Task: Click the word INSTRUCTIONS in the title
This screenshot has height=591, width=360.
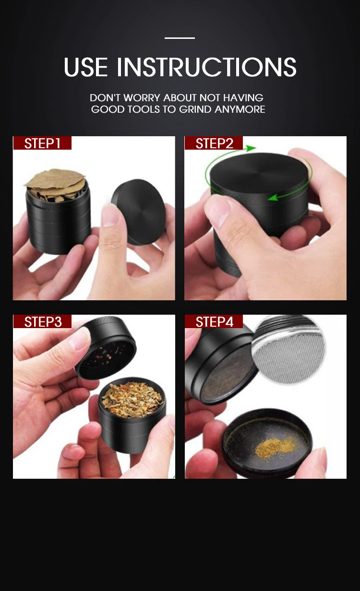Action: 206,67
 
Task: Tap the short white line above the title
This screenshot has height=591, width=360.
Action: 180,38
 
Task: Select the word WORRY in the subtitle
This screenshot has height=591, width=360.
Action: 142,98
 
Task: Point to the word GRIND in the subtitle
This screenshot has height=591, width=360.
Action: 195,109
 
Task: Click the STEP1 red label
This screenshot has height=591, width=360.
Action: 42,143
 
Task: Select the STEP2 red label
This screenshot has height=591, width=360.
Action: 214,143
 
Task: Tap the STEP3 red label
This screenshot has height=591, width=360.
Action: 43,321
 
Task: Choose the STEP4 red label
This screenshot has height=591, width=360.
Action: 214,321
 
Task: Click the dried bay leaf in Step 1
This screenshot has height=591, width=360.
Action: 55,180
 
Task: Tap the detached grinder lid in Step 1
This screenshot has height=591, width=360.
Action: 139,211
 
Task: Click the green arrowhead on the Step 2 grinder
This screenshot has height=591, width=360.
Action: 272,197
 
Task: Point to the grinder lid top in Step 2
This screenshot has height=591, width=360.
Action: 259,170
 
